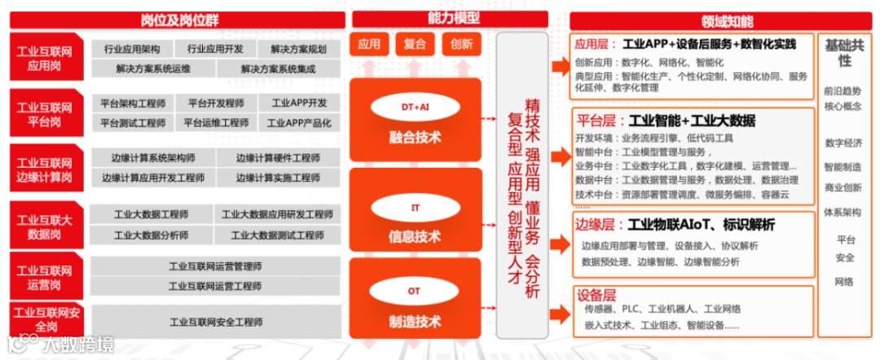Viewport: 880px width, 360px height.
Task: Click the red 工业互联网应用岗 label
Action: pos(45,59)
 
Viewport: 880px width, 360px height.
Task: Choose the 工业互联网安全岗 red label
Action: pos(45,318)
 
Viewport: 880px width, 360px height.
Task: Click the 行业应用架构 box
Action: pos(132,49)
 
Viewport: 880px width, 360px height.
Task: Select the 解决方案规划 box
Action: pos(298,49)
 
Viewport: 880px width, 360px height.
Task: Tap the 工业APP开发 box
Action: pos(299,103)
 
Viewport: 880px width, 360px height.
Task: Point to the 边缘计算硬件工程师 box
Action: pos(278,158)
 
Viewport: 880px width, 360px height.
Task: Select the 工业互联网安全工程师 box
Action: pos(215,323)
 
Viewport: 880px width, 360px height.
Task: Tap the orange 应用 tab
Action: pos(369,44)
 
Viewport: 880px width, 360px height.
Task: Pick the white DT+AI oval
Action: pos(416,107)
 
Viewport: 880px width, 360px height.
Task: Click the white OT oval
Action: pos(416,291)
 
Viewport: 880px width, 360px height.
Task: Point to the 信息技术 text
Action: pos(416,237)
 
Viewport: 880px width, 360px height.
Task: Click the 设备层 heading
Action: pos(595,294)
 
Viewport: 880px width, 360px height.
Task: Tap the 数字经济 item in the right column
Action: pos(843,143)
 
